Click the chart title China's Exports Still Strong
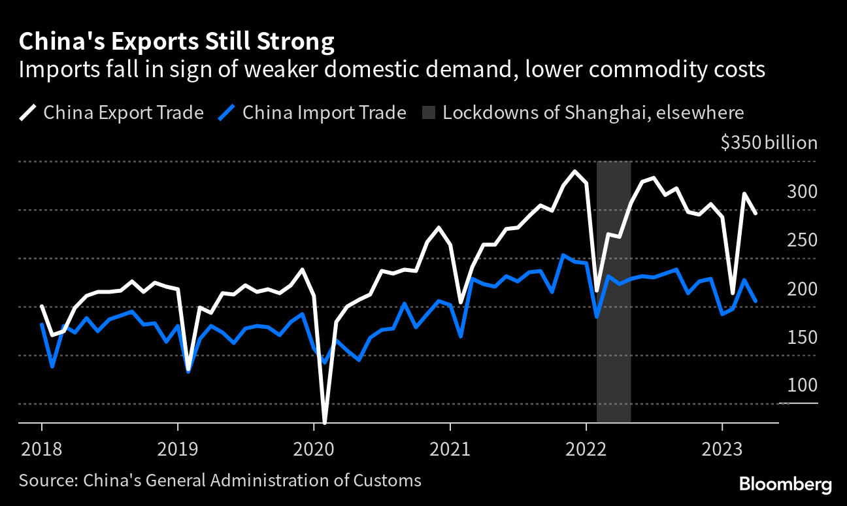pos(176,42)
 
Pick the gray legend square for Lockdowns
pos(428,112)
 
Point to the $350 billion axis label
pos(769,143)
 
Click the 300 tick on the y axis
pos(803,192)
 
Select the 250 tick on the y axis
pos(803,240)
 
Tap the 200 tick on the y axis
pos(803,288)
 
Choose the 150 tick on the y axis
pos(803,337)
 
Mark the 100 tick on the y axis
pos(803,385)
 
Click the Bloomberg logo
pos(785,484)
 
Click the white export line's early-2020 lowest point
pos(324,422)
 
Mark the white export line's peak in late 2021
pos(574,171)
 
